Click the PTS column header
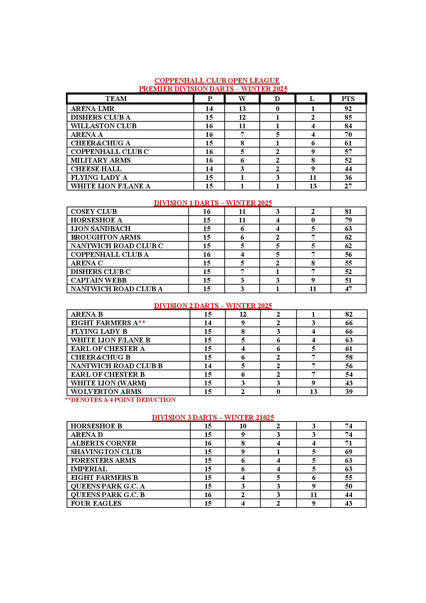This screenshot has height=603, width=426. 348,99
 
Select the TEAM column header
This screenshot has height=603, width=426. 116,99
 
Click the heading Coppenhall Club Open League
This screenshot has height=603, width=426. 217,80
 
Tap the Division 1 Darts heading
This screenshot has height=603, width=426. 213,203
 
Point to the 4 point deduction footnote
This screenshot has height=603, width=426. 120,400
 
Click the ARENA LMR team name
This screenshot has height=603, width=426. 92,109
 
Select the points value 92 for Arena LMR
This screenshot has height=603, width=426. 348,109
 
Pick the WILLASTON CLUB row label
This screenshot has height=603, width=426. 103,126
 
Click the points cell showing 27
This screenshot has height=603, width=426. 348,186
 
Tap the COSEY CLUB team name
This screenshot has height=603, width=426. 94,211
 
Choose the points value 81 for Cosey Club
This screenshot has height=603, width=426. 348,211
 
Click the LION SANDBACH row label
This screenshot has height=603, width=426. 101,229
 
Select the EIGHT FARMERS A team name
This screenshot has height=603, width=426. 104,323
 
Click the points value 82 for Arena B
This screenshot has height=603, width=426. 349,314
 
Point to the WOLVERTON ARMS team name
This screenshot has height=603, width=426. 106,392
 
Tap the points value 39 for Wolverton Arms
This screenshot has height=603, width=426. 349,392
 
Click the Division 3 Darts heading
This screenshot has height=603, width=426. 213,417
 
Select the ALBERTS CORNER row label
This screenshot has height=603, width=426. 103,443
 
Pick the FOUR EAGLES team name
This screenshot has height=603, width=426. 96,503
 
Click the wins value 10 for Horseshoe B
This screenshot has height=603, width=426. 243,426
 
